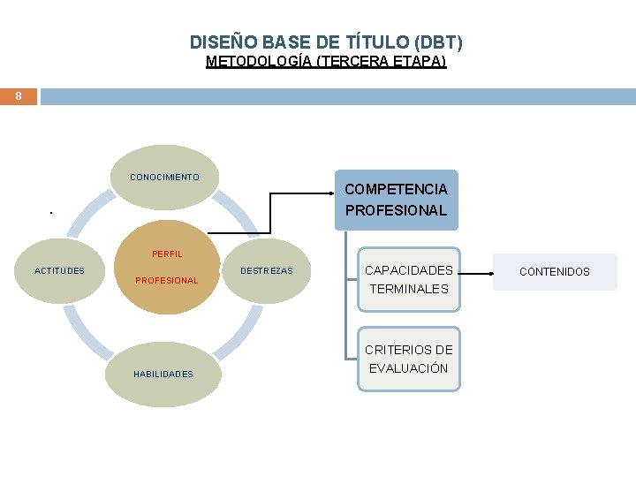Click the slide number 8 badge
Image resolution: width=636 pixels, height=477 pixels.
[18, 95]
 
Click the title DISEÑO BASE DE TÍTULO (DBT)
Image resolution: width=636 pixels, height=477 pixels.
[326, 42]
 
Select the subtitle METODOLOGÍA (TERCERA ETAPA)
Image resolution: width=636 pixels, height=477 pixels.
[326, 62]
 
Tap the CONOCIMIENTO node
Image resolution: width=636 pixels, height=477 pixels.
[165, 178]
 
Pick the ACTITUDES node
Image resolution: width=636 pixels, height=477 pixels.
[60, 271]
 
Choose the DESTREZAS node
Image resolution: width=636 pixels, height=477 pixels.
[266, 271]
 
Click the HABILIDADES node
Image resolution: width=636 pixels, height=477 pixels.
[163, 375]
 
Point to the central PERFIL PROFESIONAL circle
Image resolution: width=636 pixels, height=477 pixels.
[166, 268]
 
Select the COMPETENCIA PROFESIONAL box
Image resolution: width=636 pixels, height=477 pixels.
[396, 201]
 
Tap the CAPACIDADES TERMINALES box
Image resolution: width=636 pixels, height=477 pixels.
[409, 279]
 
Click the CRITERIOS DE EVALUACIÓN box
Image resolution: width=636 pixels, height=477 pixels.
[409, 359]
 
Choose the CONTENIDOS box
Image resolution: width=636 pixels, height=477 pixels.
[555, 272]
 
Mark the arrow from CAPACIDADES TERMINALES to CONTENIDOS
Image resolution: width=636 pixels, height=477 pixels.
[477, 274]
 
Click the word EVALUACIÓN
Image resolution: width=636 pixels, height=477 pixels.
[409, 368]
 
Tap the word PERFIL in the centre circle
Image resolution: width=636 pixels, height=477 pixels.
[167, 254]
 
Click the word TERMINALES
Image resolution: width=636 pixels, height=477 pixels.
[409, 289]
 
